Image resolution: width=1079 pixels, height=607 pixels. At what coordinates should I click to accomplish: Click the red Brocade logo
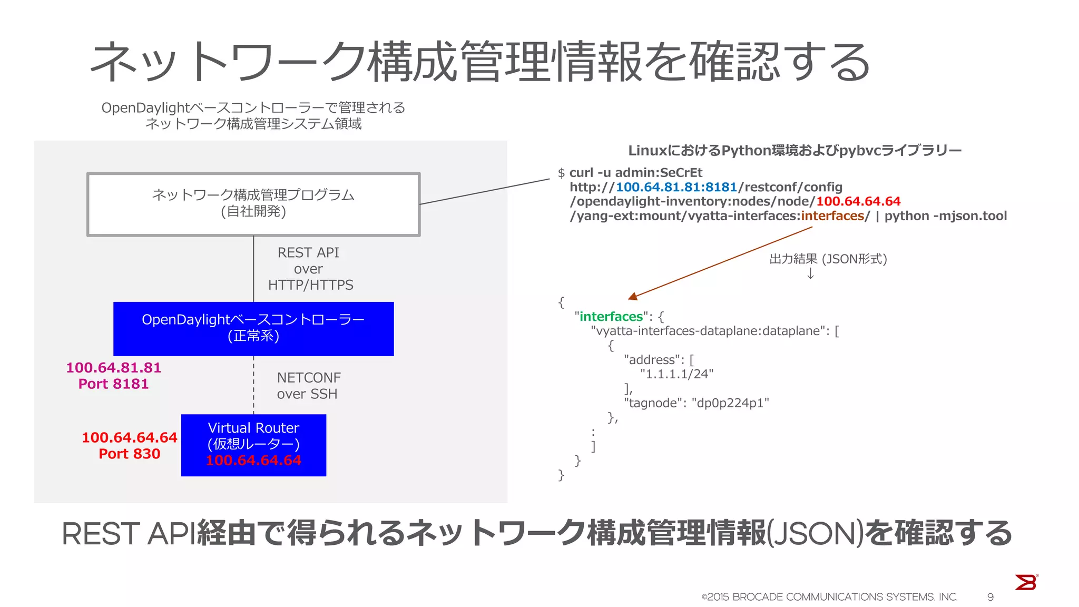1026,582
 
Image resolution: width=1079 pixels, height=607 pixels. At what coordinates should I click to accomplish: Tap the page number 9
990,597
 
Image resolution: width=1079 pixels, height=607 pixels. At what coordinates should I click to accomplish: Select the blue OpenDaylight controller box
253,328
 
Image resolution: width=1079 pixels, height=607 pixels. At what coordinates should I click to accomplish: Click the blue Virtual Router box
253,445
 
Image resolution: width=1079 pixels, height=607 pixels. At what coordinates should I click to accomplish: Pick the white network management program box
253,204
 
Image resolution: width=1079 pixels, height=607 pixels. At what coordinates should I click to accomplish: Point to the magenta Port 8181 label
113,384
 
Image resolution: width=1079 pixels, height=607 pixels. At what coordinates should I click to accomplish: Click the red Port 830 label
129,454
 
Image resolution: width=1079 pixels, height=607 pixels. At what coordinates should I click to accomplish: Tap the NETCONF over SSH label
308,386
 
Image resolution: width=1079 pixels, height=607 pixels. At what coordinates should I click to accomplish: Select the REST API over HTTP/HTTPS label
310,269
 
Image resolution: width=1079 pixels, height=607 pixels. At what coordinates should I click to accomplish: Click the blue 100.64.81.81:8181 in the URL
676,187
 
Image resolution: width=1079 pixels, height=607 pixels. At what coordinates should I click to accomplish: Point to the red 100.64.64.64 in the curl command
858,201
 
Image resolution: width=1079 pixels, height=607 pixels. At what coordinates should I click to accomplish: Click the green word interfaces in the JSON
611,317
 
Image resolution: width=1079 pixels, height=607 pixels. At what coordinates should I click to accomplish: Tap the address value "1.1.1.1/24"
677,374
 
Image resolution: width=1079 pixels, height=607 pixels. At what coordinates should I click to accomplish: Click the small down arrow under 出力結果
810,274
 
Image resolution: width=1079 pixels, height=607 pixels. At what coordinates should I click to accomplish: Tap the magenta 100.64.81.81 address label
113,368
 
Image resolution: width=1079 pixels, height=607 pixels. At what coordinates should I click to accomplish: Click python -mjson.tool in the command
946,216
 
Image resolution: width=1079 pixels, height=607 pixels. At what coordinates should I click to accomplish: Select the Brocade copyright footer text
829,597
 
